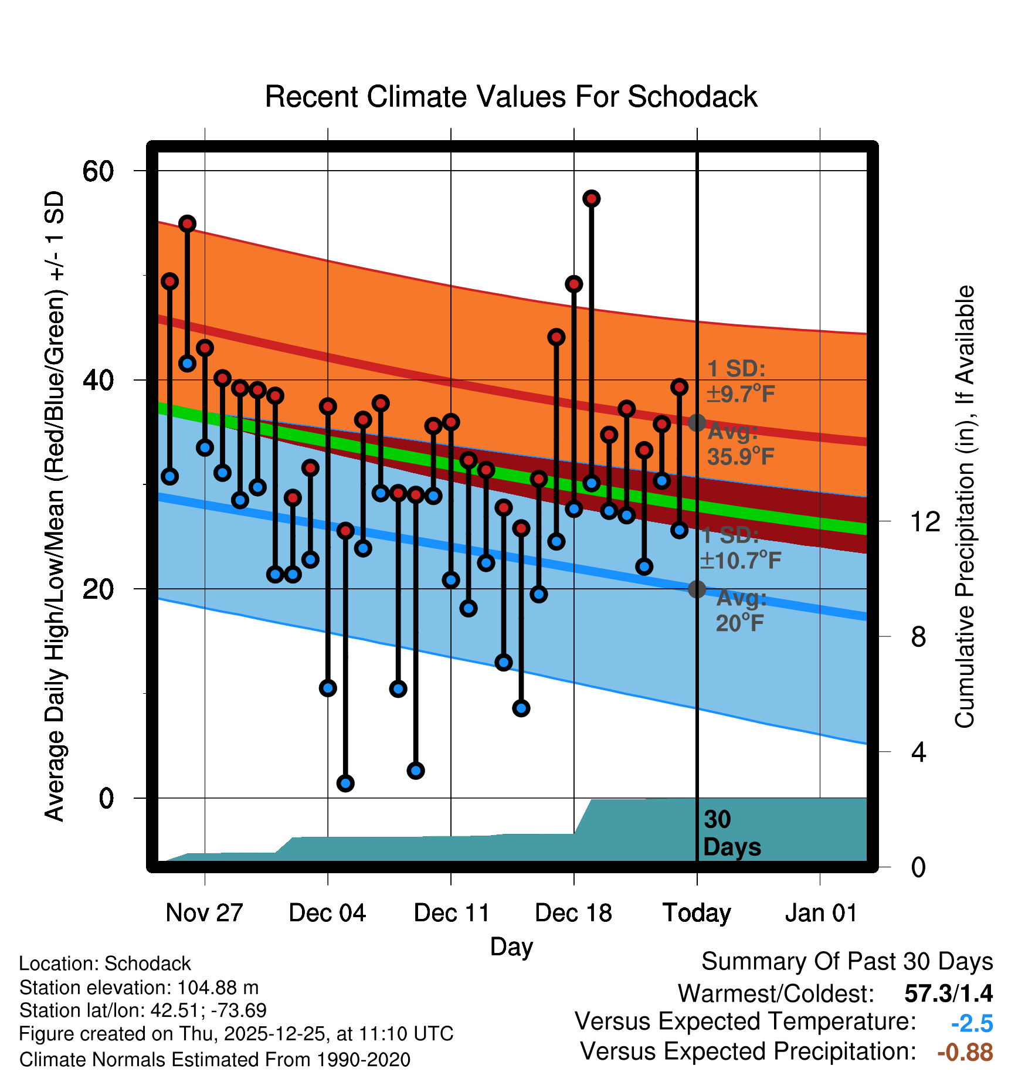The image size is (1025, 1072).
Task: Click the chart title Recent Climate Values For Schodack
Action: click(x=511, y=97)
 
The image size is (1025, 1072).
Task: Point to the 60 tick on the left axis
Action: click(x=98, y=171)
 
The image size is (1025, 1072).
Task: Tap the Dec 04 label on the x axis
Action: click(x=327, y=913)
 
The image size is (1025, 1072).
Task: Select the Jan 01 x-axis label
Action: click(x=821, y=913)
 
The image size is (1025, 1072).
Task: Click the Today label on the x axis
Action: click(x=697, y=913)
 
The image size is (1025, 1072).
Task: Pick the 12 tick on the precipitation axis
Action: click(x=925, y=521)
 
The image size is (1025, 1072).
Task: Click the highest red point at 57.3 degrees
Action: click(x=591, y=199)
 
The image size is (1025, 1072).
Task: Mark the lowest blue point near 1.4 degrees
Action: click(x=345, y=783)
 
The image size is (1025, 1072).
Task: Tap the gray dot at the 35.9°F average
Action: click(x=697, y=422)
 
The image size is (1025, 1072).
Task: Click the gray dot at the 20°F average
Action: click(x=697, y=589)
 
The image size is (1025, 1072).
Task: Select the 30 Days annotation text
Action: click(x=732, y=833)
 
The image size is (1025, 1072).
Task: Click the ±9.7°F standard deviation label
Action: click(x=740, y=393)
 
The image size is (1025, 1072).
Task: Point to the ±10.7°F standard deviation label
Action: click(x=740, y=560)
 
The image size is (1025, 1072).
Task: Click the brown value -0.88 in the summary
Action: click(x=965, y=1052)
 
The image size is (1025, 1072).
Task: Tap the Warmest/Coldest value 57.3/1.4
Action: click(x=948, y=993)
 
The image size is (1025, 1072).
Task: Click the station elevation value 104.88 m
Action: click(x=218, y=988)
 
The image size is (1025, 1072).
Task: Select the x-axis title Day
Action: click(x=511, y=947)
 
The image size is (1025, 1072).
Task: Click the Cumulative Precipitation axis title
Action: click(x=965, y=507)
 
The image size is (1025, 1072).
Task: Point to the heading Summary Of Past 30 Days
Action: click(x=847, y=962)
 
